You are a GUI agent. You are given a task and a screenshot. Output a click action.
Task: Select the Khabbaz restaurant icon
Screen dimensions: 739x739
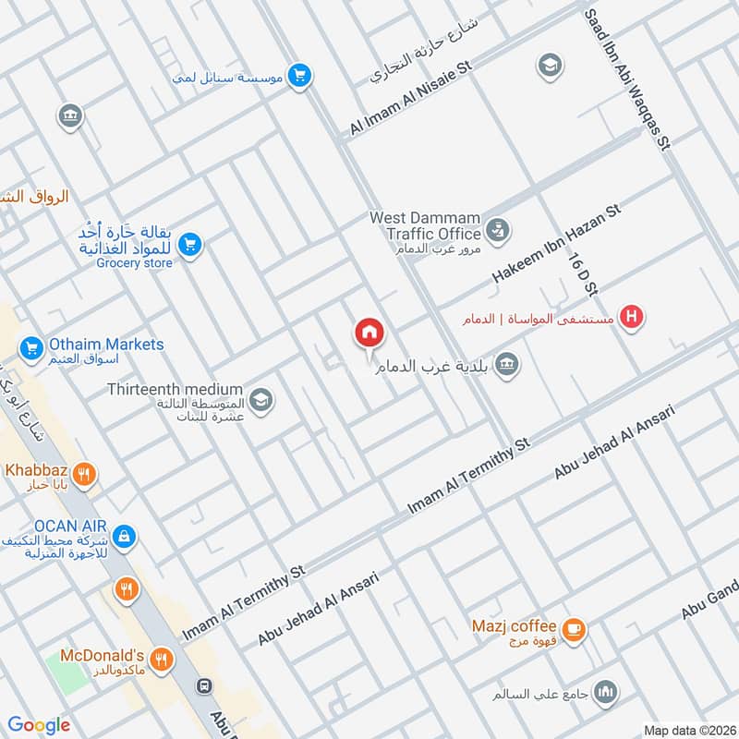(84, 476)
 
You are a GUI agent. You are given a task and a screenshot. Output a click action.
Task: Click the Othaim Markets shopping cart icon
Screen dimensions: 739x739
(31, 348)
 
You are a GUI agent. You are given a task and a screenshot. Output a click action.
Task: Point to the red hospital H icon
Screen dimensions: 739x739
(632, 317)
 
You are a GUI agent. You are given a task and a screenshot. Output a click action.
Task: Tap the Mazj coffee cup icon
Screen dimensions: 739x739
(574, 629)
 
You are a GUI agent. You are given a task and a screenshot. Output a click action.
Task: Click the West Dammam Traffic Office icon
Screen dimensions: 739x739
(497, 228)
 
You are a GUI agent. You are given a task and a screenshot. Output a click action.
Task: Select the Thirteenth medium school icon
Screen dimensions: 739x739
(261, 398)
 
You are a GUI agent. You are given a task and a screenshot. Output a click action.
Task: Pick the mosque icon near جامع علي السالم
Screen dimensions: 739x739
(606, 692)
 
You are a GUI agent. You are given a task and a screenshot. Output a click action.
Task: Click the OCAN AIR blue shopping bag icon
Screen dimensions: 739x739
(126, 536)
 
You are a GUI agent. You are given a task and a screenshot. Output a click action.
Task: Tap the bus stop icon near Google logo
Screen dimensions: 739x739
(202, 687)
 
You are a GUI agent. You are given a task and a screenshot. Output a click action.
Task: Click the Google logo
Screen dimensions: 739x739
(39, 724)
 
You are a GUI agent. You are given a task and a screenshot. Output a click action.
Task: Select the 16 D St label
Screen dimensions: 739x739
(583, 273)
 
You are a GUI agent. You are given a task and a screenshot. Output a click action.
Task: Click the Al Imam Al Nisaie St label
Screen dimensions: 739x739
(411, 99)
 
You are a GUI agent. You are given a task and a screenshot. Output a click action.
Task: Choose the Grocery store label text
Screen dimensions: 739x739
(134, 263)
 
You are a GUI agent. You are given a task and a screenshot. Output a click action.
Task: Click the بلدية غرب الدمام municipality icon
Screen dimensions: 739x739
(505, 365)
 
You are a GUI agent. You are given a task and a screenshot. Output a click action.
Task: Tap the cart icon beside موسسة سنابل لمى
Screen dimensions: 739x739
(298, 77)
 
